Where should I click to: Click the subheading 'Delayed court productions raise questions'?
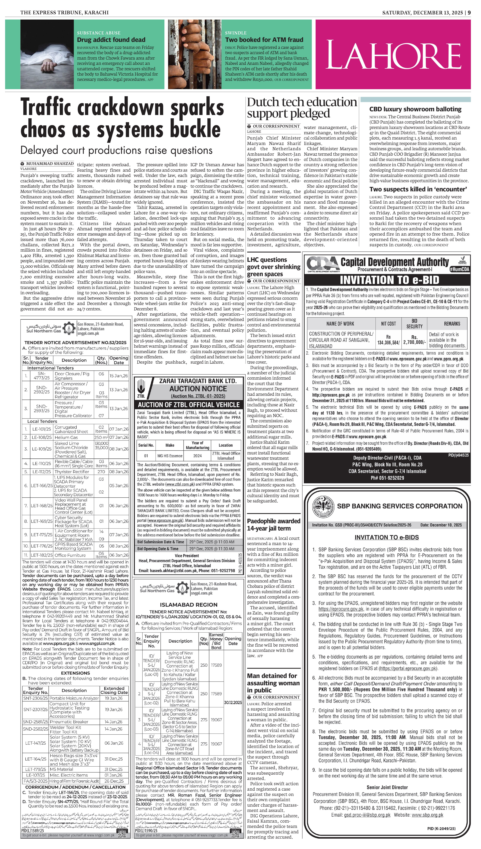[116, 150]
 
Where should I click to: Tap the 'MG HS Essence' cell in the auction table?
[170, 456]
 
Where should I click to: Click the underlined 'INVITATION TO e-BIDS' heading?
[387, 537]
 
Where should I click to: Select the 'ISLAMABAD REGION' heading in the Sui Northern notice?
[189, 605]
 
